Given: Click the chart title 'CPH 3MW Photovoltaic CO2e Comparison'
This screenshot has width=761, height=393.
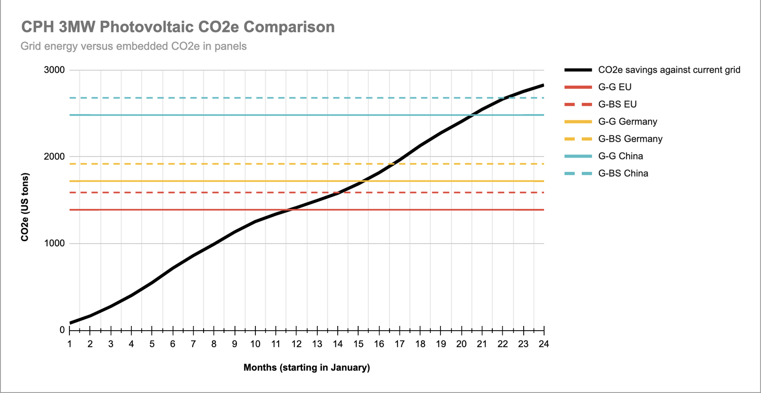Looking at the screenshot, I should (178, 27).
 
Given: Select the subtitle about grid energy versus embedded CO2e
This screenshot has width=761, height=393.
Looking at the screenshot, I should (134, 46).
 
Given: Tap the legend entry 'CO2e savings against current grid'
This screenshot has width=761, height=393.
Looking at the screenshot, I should (669, 70).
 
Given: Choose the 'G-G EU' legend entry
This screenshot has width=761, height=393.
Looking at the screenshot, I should (615, 87).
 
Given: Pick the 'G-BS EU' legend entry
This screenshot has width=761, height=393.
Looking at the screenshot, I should (617, 104).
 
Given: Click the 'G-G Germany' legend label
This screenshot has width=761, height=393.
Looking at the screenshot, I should (627, 122).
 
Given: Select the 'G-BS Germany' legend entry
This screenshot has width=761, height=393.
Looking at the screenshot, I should (630, 139).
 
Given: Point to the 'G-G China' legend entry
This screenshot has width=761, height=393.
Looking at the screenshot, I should (620, 156).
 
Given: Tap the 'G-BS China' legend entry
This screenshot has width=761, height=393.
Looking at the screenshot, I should (623, 173).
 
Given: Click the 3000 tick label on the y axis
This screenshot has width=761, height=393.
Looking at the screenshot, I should (54, 70).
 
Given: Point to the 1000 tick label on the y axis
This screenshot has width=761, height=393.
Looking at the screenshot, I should (54, 243).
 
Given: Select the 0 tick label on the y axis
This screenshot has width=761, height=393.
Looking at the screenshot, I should (62, 330).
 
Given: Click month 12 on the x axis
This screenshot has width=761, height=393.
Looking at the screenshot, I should (296, 344).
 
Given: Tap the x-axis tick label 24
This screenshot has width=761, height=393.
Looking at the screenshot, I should (544, 344).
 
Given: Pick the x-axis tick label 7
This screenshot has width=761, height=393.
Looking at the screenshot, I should (193, 344).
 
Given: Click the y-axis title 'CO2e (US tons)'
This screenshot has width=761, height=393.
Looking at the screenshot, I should (25, 207).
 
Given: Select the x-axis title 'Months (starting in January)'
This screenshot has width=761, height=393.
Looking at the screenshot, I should (307, 367).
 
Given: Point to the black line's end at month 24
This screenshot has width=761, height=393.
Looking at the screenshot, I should (544, 85).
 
